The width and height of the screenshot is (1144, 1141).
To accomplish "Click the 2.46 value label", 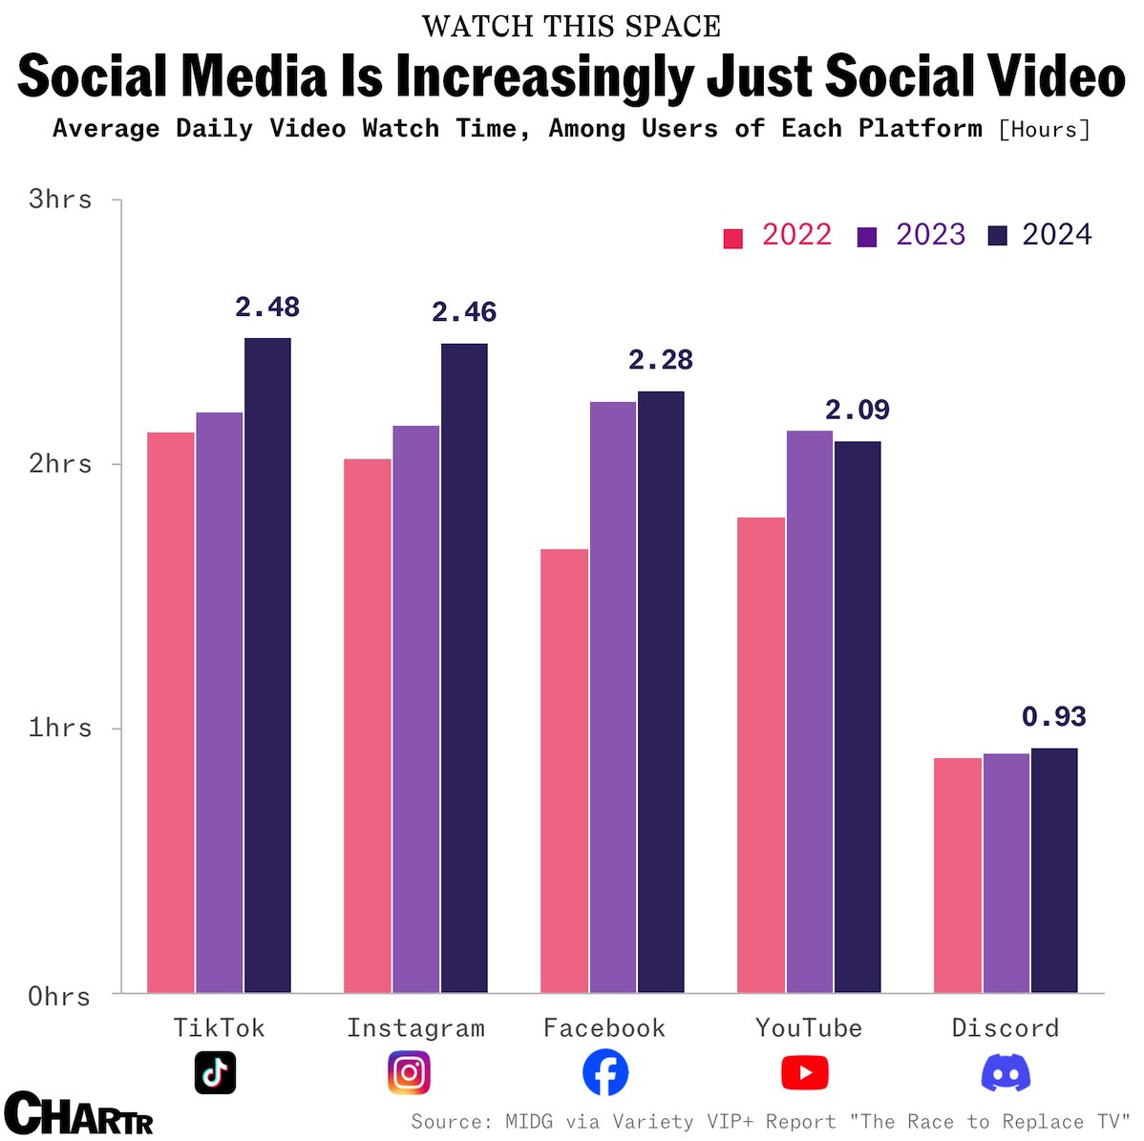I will pyautogui.click(x=464, y=312).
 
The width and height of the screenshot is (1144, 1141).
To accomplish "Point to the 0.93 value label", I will pyautogui.click(x=1053, y=716).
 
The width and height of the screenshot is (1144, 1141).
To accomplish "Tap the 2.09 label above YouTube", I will pyautogui.click(x=857, y=410).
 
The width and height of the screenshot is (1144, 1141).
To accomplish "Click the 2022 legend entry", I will pyautogui.click(x=777, y=235).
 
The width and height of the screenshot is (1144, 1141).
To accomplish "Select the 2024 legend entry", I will pyautogui.click(x=1039, y=235).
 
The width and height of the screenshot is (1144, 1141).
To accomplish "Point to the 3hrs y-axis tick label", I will pyautogui.click(x=60, y=200).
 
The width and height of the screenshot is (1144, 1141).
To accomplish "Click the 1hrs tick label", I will pyautogui.click(x=60, y=728).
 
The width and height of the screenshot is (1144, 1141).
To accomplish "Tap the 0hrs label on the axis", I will pyautogui.click(x=60, y=997).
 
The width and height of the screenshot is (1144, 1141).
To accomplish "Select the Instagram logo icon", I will pyautogui.click(x=410, y=1072).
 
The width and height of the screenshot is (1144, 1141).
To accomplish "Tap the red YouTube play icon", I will pyautogui.click(x=804, y=1073).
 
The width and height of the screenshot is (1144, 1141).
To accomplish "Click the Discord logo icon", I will pyautogui.click(x=1006, y=1073).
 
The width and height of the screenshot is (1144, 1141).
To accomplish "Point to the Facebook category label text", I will pyautogui.click(x=604, y=1027).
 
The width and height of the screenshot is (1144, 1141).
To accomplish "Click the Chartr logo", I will pyautogui.click(x=78, y=1113).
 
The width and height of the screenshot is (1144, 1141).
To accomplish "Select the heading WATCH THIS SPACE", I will pyautogui.click(x=571, y=26).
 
